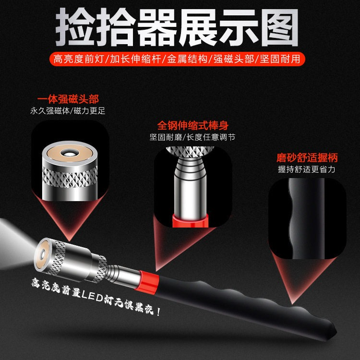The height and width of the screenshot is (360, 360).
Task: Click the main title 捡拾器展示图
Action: click(x=177, y=27)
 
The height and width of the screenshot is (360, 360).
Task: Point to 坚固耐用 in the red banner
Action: click(x=280, y=59)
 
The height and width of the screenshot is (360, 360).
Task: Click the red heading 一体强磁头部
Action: click(x=68, y=99)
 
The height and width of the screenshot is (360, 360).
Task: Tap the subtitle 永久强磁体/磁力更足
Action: click(x=68, y=111)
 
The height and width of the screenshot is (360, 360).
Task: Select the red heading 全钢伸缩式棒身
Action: click(x=193, y=125)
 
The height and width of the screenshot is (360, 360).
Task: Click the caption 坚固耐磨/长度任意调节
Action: click(x=192, y=137)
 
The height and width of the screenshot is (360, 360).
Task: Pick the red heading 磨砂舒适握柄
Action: click(x=307, y=158)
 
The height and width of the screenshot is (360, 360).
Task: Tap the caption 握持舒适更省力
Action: click(x=307, y=169)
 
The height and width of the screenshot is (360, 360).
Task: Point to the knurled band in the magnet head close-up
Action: click(x=70, y=177)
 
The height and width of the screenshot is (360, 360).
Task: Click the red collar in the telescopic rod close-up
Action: click(x=191, y=221)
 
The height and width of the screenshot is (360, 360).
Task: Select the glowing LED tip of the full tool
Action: click(x=42, y=254)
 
